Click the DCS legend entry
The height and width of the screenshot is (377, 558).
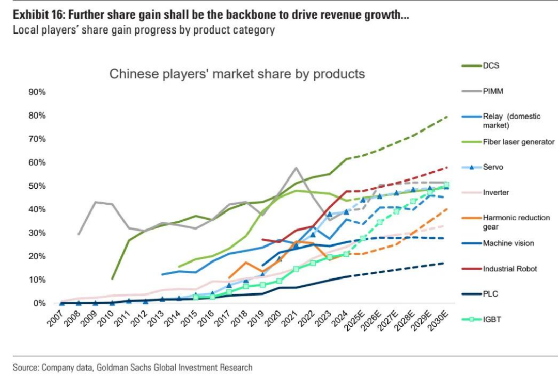491,65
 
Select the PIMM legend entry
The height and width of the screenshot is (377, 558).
493,91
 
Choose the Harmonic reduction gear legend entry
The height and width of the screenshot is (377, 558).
516,222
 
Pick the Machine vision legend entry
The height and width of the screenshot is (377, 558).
508,243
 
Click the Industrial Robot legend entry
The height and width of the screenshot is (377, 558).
510,269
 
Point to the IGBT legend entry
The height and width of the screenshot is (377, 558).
492,319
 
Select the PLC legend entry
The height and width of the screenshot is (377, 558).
490,294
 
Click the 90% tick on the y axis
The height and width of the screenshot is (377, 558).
37,92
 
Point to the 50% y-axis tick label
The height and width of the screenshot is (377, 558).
37,186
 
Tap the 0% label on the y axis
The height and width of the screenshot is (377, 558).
39,303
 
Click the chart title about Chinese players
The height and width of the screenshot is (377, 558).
237,74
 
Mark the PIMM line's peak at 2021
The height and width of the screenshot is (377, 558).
296,168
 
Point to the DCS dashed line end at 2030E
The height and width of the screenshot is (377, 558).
446,117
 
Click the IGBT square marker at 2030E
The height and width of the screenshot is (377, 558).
446,185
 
